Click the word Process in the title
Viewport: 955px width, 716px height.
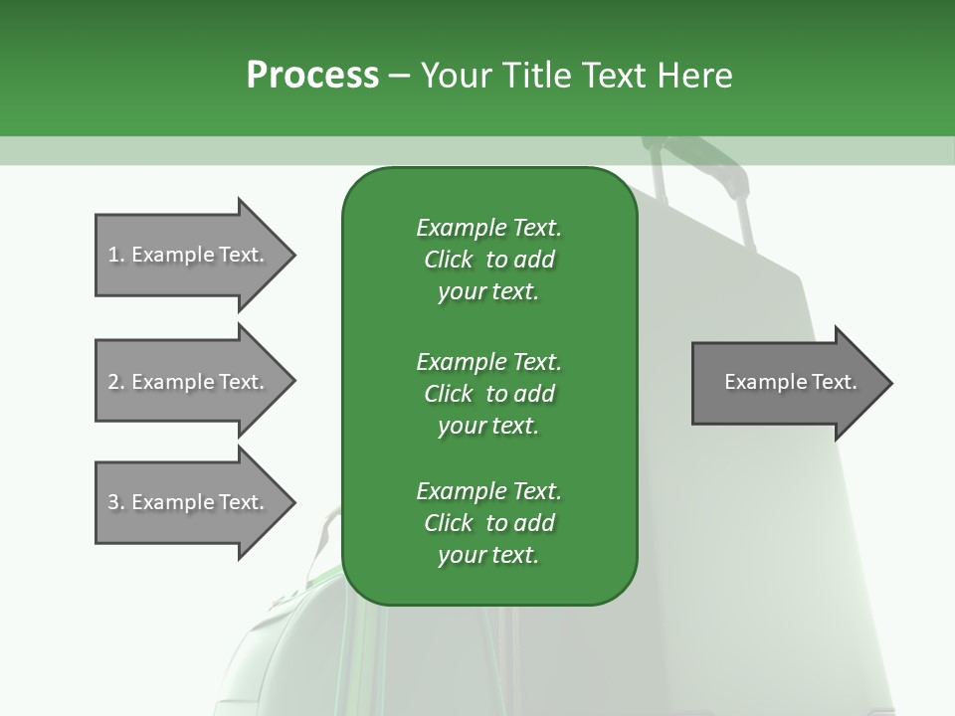click(x=312, y=76)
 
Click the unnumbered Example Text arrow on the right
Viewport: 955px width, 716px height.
click(x=786, y=383)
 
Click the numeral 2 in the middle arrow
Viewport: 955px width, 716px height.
click(x=113, y=382)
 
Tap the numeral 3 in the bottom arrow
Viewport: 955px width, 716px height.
click(x=113, y=502)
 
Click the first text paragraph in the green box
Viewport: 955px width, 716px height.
click(x=488, y=260)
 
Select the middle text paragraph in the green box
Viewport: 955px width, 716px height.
click(x=488, y=394)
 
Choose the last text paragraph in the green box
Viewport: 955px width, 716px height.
click(x=488, y=523)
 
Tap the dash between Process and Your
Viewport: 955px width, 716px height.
click(x=400, y=76)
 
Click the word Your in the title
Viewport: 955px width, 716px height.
click(x=457, y=76)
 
